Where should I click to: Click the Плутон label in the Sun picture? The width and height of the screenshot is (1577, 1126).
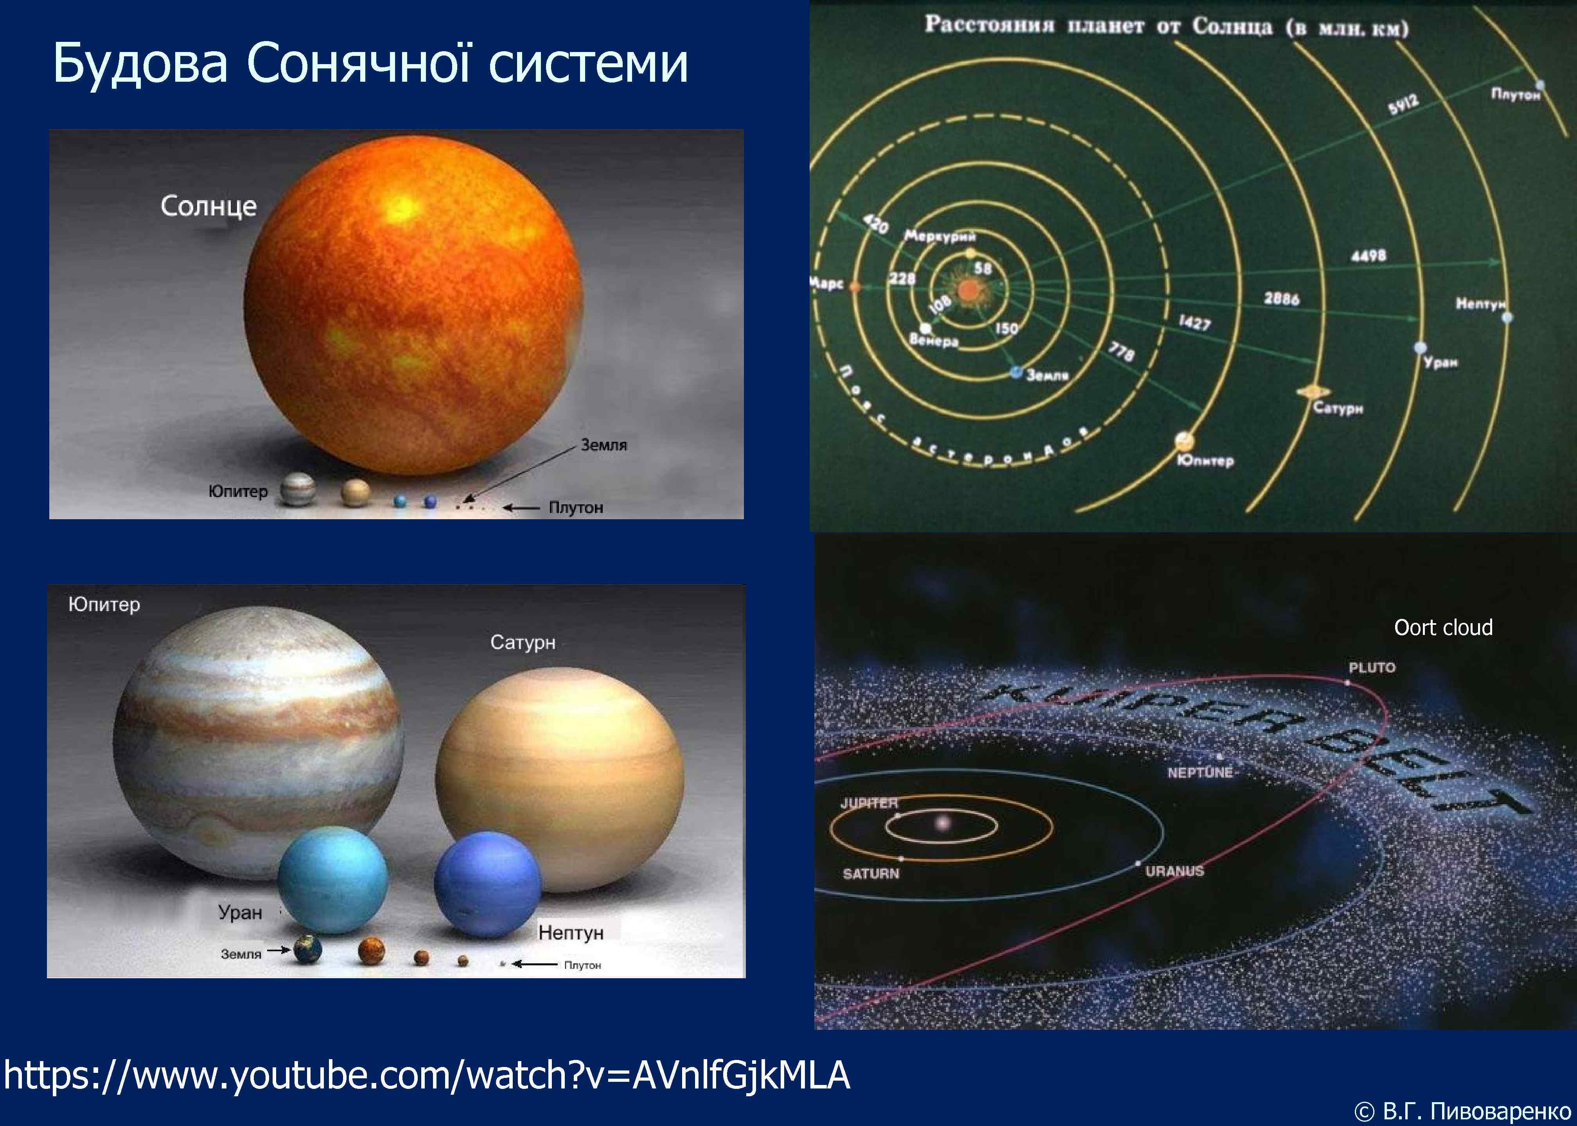coord(576,507)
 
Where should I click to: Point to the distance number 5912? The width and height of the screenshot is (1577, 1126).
coord(1402,106)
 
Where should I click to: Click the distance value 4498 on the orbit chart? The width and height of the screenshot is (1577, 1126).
coord(1368,256)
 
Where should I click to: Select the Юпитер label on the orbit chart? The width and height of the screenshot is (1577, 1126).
coord(1205,461)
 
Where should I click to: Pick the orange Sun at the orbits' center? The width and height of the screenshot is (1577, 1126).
coord(967,290)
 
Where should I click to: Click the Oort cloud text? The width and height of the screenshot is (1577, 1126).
coord(1442,628)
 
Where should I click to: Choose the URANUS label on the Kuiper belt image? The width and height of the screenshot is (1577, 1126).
coord(1174,871)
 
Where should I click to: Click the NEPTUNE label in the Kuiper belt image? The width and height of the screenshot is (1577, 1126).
coord(1200,773)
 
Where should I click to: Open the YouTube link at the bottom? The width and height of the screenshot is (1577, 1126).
coord(426,1076)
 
